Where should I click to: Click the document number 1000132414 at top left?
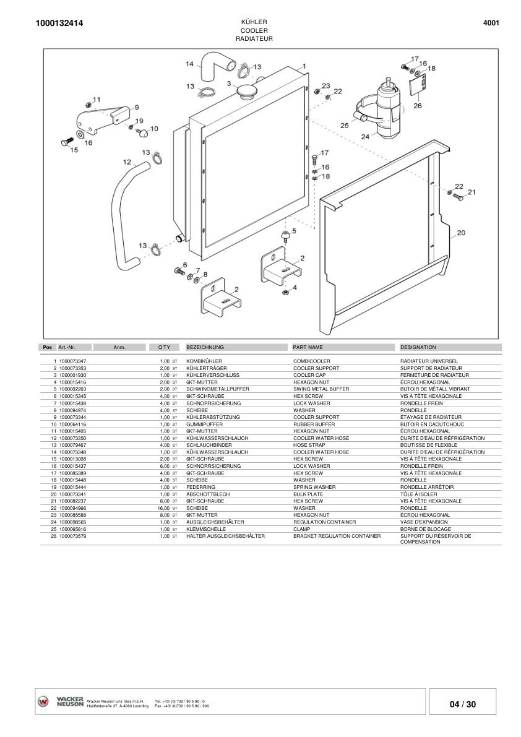pyautogui.click(x=60, y=24)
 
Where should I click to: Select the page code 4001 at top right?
pyautogui.click(x=491, y=23)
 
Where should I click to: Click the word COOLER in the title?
pyautogui.click(x=254, y=30)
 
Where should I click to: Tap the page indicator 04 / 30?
pyautogui.click(x=463, y=704)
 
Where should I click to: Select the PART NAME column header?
pyautogui.click(x=308, y=347)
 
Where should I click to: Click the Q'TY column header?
pyautogui.click(x=155, y=347)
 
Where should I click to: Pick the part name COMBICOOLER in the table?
pyautogui.click(x=311, y=361)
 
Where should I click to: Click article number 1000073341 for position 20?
pyautogui.click(x=72, y=494)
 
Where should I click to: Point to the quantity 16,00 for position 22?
pyautogui.click(x=163, y=507)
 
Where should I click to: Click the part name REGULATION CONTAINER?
pyautogui.click(x=324, y=522)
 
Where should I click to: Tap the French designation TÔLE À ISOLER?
pyautogui.click(x=420, y=494)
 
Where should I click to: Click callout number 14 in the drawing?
pyautogui.click(x=190, y=64)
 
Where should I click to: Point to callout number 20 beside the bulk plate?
pyautogui.click(x=460, y=233)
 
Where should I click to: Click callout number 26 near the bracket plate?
pyautogui.click(x=417, y=105)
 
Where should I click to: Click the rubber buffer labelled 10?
pyautogui.click(x=142, y=132)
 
